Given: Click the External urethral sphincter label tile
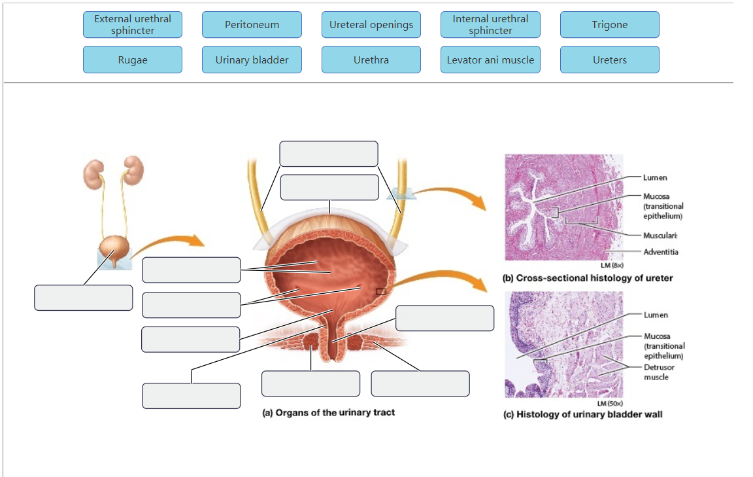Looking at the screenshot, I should pyautogui.click(x=133, y=25).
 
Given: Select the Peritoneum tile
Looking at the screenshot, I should pyautogui.click(x=252, y=25).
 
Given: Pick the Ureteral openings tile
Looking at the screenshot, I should pyautogui.click(x=371, y=25).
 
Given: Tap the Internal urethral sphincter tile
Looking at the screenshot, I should pyautogui.click(x=490, y=25).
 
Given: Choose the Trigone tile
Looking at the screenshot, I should pyautogui.click(x=609, y=25).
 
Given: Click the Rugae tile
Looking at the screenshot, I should pyautogui.click(x=133, y=60).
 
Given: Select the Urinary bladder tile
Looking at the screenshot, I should pyautogui.click(x=252, y=60).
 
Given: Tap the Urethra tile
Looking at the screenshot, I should pyautogui.click(x=371, y=60).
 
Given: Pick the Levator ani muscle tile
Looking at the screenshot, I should pyautogui.click(x=490, y=60).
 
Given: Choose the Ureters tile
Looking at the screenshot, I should pyautogui.click(x=609, y=60).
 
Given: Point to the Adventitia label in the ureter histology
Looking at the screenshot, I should pyautogui.click(x=660, y=252).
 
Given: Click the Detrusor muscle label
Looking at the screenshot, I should pyautogui.click(x=658, y=372).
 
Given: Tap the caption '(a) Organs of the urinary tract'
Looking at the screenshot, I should pyautogui.click(x=328, y=412).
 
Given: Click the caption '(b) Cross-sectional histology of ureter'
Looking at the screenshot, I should pyautogui.click(x=587, y=278).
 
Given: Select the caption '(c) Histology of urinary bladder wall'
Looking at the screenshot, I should pyautogui.click(x=582, y=414).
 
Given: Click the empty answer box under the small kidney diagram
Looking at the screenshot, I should pyautogui.click(x=84, y=298).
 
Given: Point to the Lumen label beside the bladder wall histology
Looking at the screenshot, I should pyautogui.click(x=655, y=315).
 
